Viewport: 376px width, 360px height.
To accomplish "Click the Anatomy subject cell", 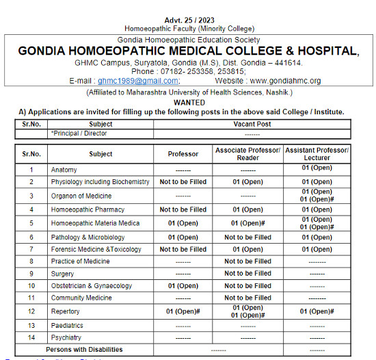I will [64, 170].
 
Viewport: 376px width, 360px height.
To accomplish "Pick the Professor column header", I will [183, 154].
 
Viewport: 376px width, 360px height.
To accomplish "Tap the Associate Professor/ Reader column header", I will [247, 154].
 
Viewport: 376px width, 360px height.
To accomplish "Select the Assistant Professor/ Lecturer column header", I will [317, 154].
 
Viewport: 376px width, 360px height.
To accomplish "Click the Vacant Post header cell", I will [252, 125].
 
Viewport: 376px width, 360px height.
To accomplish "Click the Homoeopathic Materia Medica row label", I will [95, 223].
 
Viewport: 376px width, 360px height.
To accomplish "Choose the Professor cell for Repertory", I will [183, 311].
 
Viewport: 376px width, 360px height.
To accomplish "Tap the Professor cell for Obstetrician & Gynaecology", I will [183, 286].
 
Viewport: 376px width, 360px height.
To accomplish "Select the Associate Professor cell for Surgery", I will [247, 274].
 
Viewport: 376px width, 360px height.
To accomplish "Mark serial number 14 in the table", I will [31, 337].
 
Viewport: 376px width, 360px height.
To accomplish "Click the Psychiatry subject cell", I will [66, 337].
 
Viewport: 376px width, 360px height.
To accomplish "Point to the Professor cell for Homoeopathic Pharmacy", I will [183, 210].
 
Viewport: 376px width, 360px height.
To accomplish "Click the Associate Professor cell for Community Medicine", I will [247, 298].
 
